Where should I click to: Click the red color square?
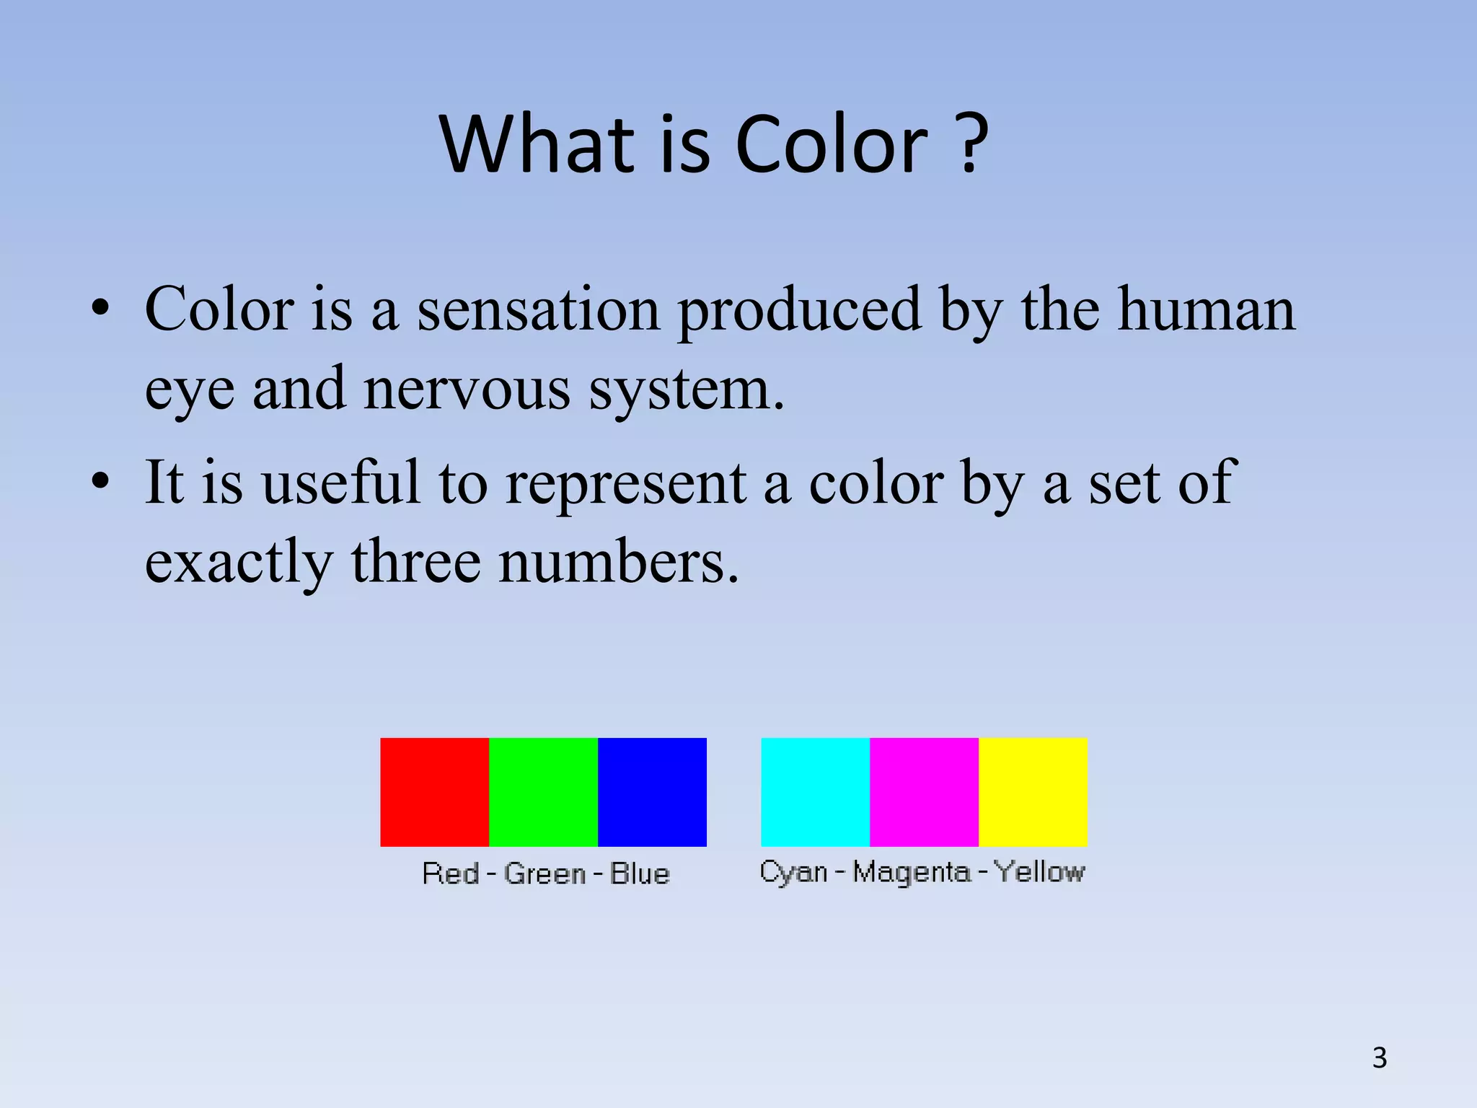click(434, 791)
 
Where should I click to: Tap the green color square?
click(543, 791)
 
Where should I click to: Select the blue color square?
click(652, 791)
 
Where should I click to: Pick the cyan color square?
click(815, 791)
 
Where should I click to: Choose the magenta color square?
click(924, 791)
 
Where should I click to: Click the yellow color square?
click(1033, 791)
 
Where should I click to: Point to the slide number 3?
click(1379, 1058)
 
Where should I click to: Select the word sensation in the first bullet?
click(539, 310)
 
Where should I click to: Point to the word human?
click(1206, 310)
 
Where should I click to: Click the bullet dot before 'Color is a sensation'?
click(100, 309)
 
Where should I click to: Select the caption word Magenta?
click(912, 873)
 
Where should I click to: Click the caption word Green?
click(544, 874)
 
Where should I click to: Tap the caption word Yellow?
click(1039, 872)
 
